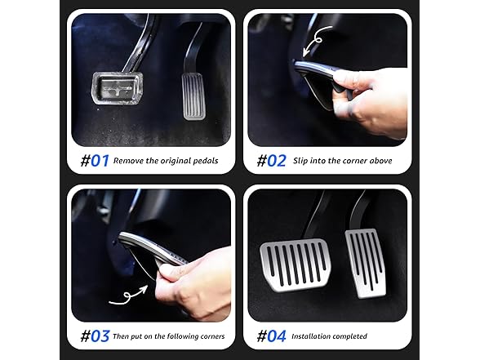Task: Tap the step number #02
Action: pyautogui.click(x=271, y=161)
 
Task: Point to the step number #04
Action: pyautogui.click(x=272, y=336)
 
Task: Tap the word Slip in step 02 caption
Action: pyautogui.click(x=300, y=162)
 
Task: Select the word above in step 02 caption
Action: pyautogui.click(x=379, y=162)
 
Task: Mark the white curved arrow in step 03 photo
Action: pyautogui.click(x=131, y=296)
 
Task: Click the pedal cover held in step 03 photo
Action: pyautogui.click(x=151, y=249)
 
